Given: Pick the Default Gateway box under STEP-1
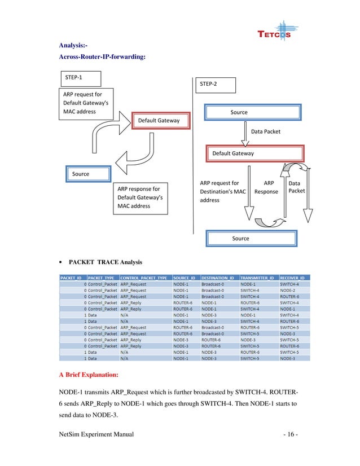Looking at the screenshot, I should [159, 121].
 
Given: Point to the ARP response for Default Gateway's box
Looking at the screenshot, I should [141, 197].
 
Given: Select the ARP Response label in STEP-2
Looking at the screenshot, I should [266, 187].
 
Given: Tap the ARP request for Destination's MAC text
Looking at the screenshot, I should [223, 191].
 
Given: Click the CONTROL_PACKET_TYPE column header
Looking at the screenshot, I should [144, 278].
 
